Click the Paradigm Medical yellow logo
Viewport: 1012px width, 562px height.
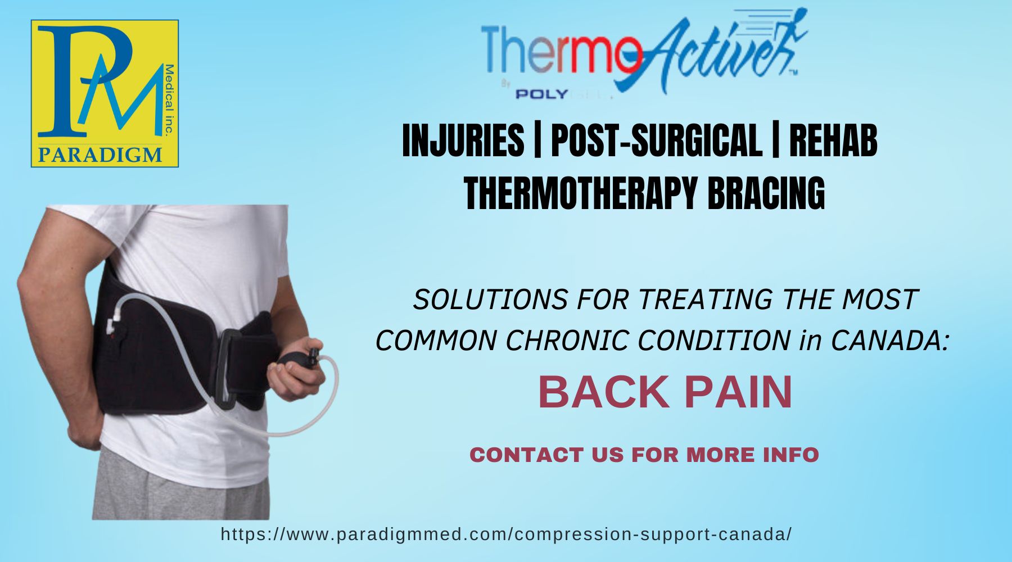(105, 93)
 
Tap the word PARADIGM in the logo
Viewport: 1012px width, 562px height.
(100, 153)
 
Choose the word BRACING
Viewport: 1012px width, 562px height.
(766, 192)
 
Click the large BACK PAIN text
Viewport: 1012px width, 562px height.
(665, 392)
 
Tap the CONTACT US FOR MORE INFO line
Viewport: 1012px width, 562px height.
(644, 455)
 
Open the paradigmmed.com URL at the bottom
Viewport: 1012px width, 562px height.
(506, 534)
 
